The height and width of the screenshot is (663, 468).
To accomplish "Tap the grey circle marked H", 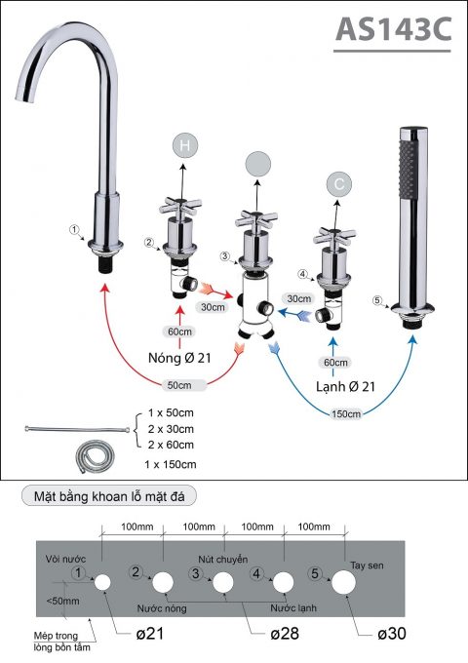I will pos(184,145).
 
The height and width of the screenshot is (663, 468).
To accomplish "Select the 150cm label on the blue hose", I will pos(345,414).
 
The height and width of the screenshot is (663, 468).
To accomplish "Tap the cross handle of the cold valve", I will pos(331,234).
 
